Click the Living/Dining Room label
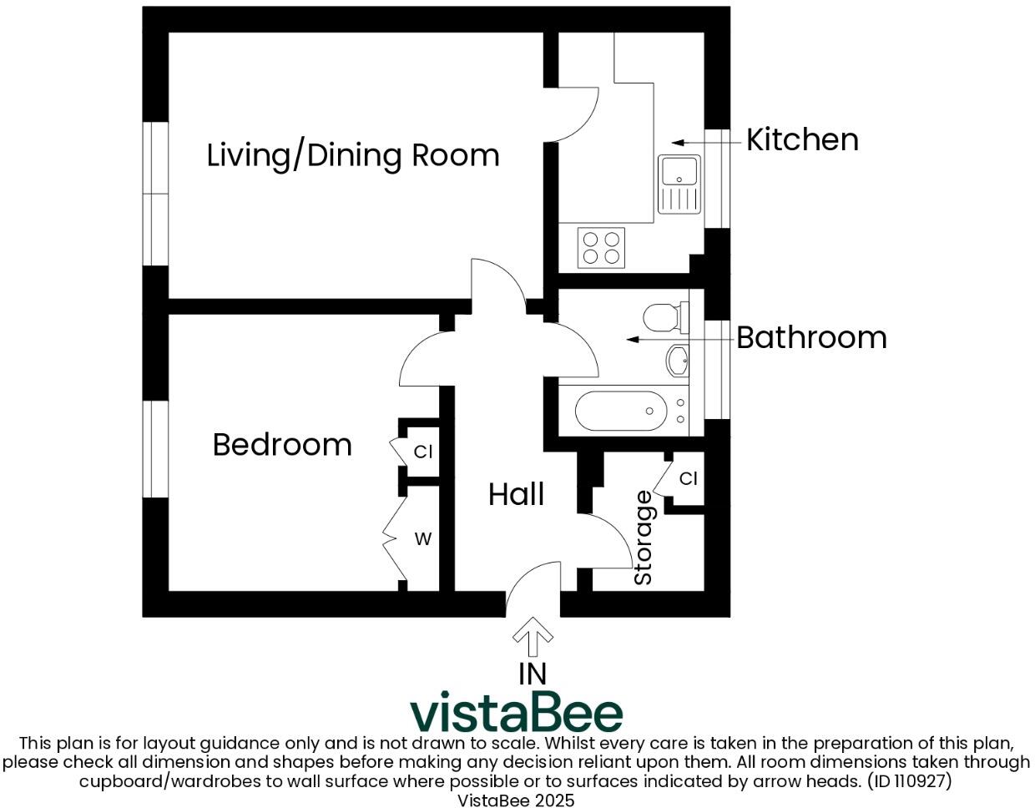(352, 156)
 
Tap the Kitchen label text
(802, 139)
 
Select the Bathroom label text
(811, 337)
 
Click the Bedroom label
(282, 444)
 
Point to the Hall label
(516, 494)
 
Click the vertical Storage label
(644, 538)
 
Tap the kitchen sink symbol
(679, 184)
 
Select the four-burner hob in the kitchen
(601, 247)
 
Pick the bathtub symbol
(621, 411)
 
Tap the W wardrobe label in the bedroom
(423, 539)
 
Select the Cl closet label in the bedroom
(423, 452)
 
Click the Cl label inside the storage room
(688, 478)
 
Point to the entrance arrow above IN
(533, 637)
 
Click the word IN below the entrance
(533, 673)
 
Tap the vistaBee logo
(517, 712)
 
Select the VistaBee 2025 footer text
(516, 800)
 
